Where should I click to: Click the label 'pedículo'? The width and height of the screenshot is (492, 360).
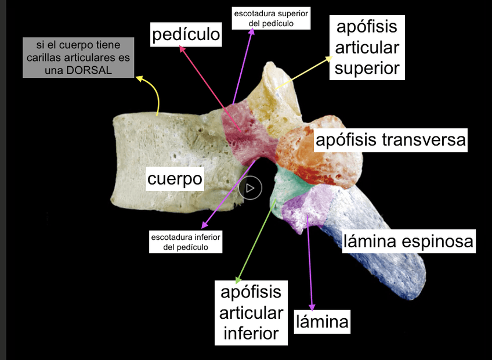[186, 34]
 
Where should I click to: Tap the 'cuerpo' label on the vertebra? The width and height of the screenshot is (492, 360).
[175, 179]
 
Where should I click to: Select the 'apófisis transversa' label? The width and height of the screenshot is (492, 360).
[390, 140]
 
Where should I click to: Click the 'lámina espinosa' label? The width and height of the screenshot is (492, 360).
[408, 241]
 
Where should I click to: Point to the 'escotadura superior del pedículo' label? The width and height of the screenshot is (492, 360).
[270, 18]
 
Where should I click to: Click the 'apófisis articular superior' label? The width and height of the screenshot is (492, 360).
[367, 48]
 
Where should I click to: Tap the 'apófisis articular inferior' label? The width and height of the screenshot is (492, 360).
[251, 313]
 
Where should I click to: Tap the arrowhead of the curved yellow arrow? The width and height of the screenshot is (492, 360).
[139, 78]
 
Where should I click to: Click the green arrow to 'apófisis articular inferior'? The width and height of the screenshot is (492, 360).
[255, 238]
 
